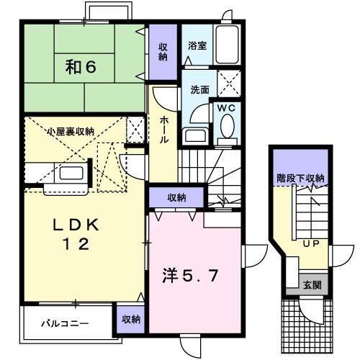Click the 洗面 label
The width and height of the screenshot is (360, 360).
click(200, 91)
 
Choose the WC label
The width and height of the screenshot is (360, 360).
click(228, 109)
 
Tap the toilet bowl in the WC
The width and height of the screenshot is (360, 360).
click(228, 127)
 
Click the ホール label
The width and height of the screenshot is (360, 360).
click(165, 129)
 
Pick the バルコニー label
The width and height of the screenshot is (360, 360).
click(65, 324)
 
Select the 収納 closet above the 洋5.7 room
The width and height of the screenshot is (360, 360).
click(178, 197)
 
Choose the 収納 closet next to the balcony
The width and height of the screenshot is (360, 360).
click(130, 318)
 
